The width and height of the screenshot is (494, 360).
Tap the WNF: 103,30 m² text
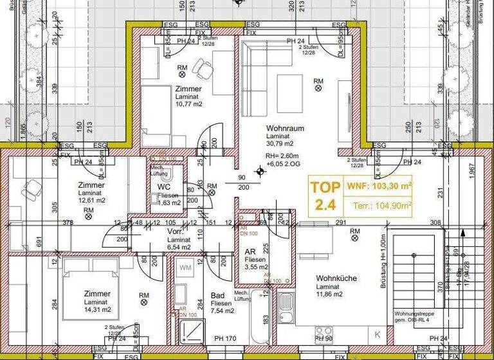point(379,186)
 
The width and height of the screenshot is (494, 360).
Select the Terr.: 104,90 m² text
point(383,206)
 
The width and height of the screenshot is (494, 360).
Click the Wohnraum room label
point(285,129)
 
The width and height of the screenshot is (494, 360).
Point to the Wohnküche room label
point(336,278)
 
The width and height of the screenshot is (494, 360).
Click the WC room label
point(163,187)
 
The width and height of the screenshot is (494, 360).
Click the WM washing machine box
point(185,266)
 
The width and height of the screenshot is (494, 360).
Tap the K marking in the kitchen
point(378,334)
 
